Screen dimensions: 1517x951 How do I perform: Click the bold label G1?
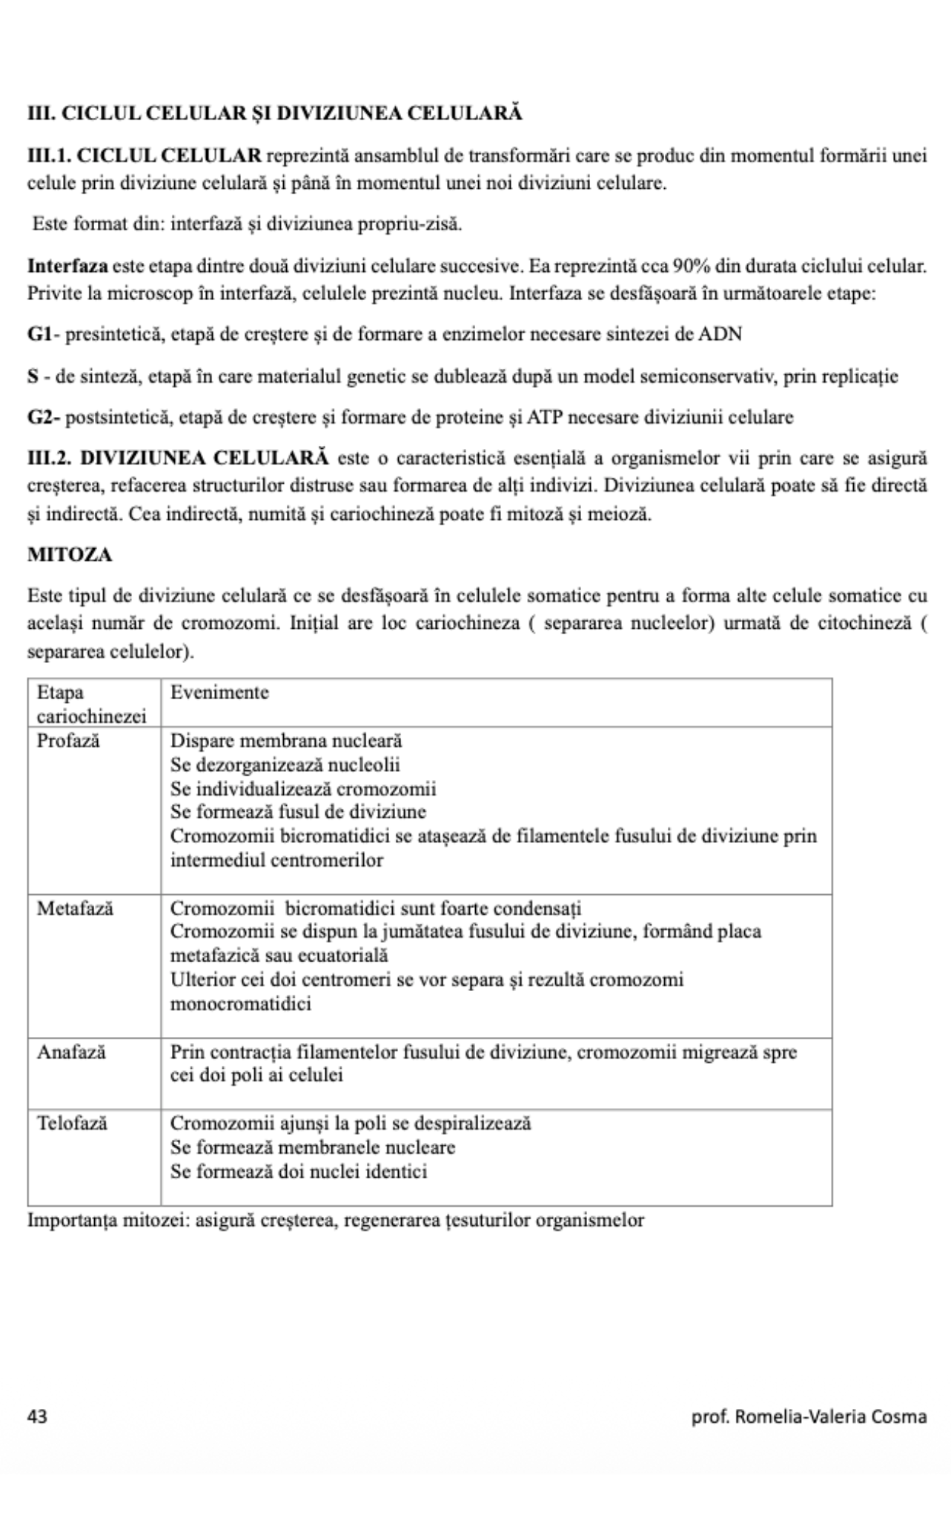[x=39, y=334]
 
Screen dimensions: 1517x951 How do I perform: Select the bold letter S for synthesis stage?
[x=33, y=376]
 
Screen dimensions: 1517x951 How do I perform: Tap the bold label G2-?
[x=44, y=417]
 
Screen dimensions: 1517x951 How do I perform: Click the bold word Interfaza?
[x=67, y=265]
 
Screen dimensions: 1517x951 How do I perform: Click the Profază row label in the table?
[x=68, y=740]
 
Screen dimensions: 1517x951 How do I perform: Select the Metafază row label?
[x=75, y=908]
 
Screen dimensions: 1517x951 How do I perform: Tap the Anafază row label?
[x=71, y=1052]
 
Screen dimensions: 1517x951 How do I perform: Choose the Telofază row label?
[x=72, y=1123]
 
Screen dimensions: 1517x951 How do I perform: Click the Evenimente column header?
[x=219, y=693]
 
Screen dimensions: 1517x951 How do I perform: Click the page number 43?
[x=37, y=1416]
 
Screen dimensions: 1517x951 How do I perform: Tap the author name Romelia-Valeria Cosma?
[x=830, y=1416]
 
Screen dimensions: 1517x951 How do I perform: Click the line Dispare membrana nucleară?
[x=286, y=740]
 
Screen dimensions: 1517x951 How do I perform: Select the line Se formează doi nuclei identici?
[x=299, y=1172]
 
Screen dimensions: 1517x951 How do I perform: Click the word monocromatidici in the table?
[x=241, y=1004]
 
